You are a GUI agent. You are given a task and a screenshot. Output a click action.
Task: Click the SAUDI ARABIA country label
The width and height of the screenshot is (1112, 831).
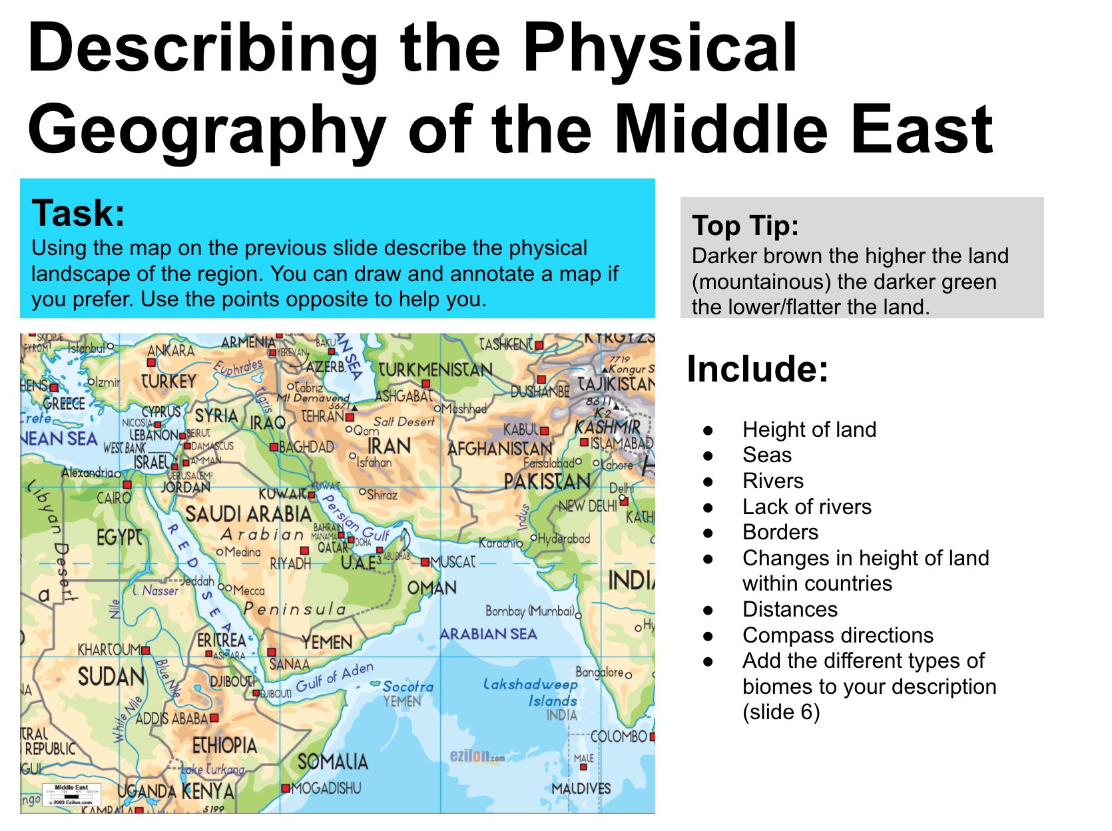[248, 513]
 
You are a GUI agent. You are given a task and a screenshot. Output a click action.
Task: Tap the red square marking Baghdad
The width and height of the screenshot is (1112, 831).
[274, 447]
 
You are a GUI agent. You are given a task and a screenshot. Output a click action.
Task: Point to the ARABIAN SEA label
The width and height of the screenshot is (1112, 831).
[488, 634]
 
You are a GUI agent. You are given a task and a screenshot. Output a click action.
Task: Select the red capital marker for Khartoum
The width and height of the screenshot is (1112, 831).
[146, 650]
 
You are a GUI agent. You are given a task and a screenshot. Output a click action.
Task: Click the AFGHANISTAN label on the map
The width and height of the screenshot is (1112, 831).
[499, 449]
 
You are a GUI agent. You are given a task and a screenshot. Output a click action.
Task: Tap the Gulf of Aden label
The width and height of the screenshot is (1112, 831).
[334, 678]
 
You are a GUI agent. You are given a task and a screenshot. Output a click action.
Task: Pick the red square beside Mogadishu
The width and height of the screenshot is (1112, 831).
[286, 788]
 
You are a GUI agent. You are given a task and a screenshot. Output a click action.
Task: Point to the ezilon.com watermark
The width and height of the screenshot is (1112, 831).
[477, 756]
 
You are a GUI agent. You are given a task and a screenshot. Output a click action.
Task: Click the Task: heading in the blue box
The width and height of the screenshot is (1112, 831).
[79, 213]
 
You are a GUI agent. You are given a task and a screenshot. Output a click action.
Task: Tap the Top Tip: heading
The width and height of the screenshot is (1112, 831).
[745, 226]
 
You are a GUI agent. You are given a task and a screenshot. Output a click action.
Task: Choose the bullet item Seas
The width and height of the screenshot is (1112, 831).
[767, 455]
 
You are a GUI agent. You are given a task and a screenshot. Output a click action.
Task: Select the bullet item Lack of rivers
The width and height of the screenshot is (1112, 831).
[806, 507]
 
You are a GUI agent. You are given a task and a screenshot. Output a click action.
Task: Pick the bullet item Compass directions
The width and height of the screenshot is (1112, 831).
[838, 635]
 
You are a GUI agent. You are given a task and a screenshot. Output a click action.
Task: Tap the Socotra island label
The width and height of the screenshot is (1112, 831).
[408, 686]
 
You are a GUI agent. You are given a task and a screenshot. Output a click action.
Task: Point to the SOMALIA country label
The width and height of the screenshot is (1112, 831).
[332, 761]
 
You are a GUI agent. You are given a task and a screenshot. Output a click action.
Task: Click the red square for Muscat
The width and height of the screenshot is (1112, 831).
[425, 563]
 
